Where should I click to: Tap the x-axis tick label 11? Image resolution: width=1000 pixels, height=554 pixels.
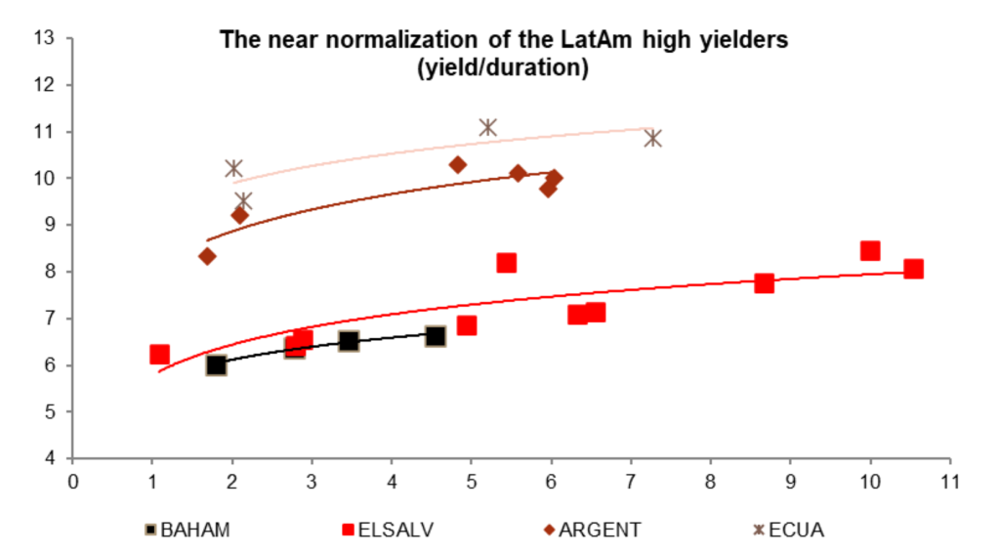pyautogui.click(x=947, y=482)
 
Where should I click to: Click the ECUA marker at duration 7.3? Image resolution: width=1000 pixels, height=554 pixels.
pyautogui.click(x=652, y=138)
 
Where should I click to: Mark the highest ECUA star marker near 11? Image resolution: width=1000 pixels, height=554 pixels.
pyautogui.click(x=488, y=127)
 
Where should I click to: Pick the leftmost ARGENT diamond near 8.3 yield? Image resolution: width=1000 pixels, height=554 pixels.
pyautogui.click(x=207, y=256)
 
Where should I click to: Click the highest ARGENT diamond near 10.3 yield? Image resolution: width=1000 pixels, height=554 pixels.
pyautogui.click(x=458, y=164)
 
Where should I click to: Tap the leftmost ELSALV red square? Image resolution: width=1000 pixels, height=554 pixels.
pyautogui.click(x=159, y=354)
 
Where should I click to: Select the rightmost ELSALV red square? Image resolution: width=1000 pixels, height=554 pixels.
pyautogui.click(x=913, y=269)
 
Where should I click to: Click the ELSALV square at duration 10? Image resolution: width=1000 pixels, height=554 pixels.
pyautogui.click(x=870, y=250)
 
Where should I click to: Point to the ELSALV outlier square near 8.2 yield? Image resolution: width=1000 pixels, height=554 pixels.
pyautogui.click(x=506, y=263)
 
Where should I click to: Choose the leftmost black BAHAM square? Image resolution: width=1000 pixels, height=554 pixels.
pyautogui.click(x=216, y=364)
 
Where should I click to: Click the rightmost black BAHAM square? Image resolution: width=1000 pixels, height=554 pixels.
pyautogui.click(x=436, y=336)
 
